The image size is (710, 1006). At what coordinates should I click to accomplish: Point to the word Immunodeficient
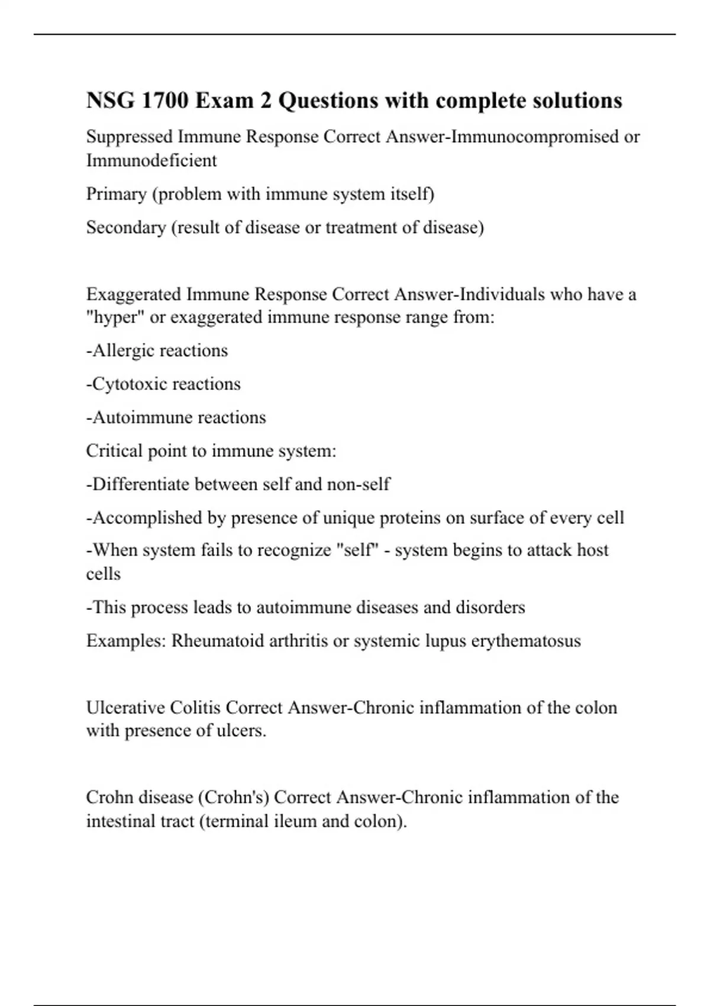click(151, 160)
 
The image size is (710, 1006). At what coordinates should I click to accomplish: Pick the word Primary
click(116, 194)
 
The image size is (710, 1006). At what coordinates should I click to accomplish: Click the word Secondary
click(125, 227)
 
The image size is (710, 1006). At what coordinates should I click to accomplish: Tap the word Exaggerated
click(133, 294)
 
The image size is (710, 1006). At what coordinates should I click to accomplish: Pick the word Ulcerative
click(125, 708)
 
